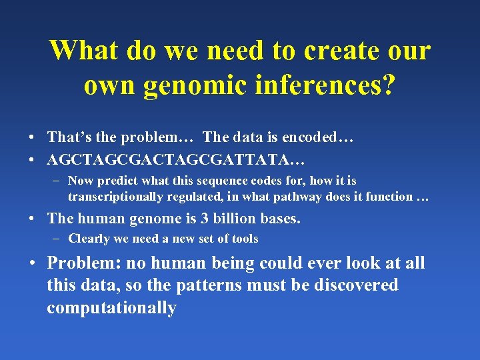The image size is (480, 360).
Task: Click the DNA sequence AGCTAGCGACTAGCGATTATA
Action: [x=170, y=160]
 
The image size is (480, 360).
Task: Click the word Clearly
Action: [x=90, y=239]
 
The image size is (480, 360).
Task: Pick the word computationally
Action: [x=111, y=308]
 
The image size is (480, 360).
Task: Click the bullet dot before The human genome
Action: [x=32, y=219]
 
